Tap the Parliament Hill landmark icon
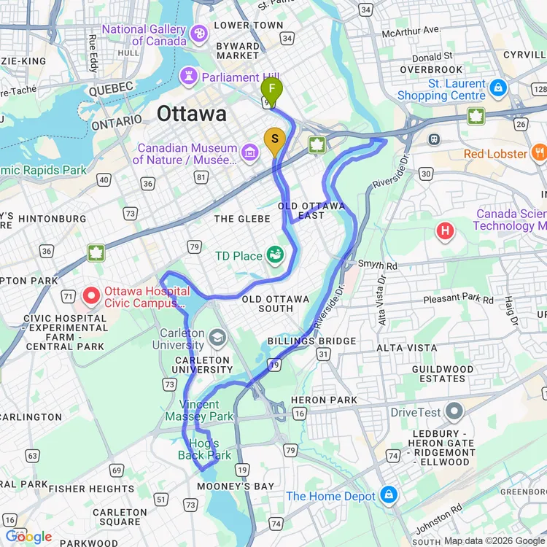[x=190, y=76]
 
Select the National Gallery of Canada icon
[x=198, y=34]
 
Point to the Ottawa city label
[x=192, y=114]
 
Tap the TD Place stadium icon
[x=275, y=255]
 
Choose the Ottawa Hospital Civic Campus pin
[x=92, y=296]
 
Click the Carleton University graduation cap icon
[x=217, y=337]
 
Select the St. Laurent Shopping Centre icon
[x=498, y=88]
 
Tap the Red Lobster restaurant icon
[x=540, y=152]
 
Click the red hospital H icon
[x=445, y=232]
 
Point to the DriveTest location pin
[x=454, y=412]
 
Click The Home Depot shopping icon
[x=389, y=495]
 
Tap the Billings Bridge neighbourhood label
[x=311, y=341]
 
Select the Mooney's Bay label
[x=238, y=486]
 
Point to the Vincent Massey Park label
[x=199, y=411]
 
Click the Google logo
[x=29, y=538]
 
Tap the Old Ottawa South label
[x=276, y=303]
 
